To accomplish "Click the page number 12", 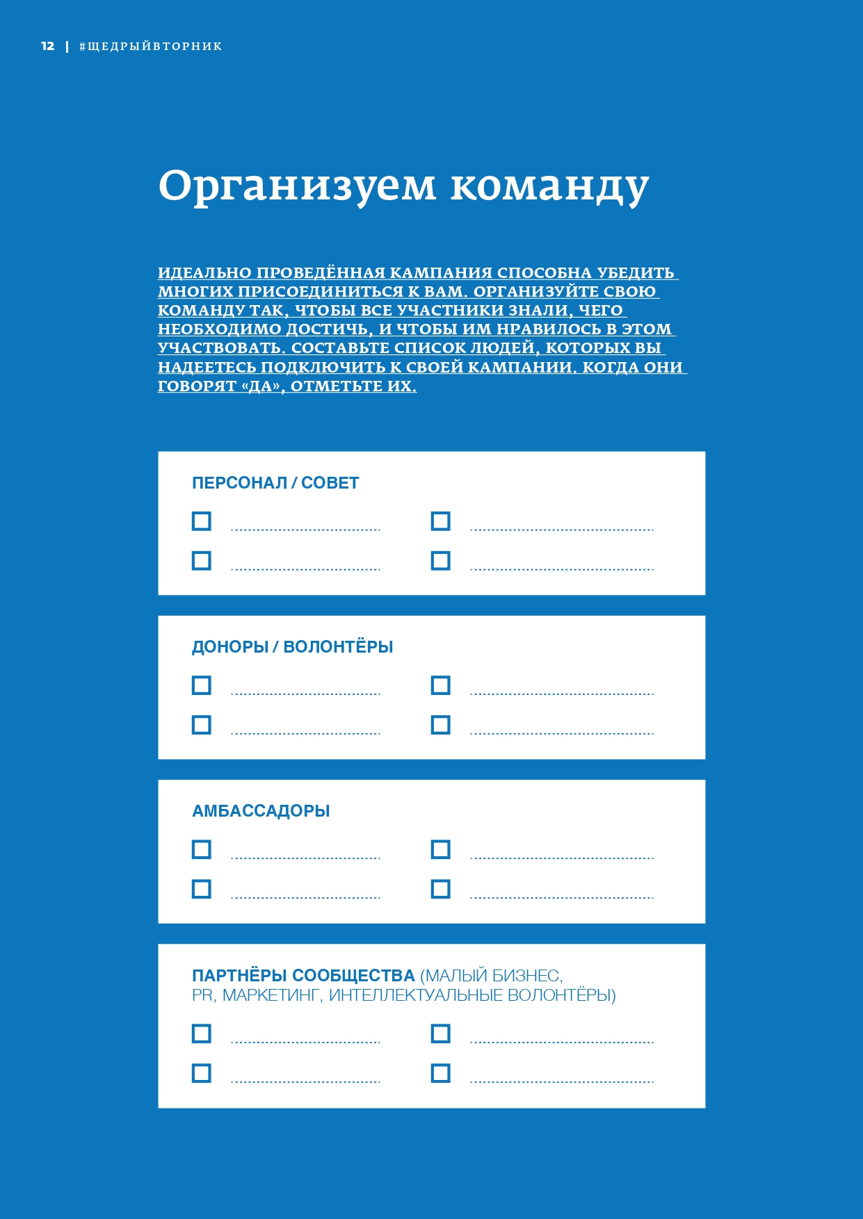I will click(47, 46).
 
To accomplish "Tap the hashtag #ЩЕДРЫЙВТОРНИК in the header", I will click(151, 47).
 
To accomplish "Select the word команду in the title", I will click(549, 186).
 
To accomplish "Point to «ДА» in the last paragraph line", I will click(262, 386).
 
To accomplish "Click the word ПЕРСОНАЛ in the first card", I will click(239, 483).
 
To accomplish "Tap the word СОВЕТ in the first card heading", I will click(330, 483).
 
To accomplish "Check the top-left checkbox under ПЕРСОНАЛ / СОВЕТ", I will click(202, 521).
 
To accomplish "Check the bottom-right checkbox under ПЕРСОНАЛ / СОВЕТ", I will click(441, 561).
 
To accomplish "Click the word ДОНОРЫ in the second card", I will click(230, 647).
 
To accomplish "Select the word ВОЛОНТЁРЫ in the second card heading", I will click(339, 647).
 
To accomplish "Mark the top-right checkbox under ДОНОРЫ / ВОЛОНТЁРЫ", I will click(441, 685).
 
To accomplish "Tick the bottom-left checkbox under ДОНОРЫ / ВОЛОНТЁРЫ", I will click(202, 725).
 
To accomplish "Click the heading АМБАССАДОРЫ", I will click(261, 811).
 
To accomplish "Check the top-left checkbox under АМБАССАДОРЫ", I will click(202, 849).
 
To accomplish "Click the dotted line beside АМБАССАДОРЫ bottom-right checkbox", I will click(562, 897).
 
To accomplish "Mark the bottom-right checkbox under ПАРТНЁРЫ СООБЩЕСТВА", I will click(441, 1073).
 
